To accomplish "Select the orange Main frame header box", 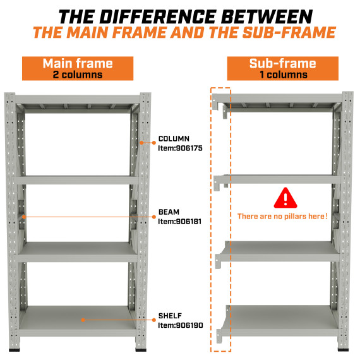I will [77, 68].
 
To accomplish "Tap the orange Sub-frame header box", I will [282, 68].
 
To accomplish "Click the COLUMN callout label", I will [173, 138].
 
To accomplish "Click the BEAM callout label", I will [168, 213].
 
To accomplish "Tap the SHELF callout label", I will [169, 315].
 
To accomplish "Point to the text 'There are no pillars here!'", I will [282, 217].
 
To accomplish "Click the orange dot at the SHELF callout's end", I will [83, 320].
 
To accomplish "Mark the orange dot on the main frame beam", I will [23, 217].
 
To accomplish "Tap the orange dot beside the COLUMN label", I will [145, 143].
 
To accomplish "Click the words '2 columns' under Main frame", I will [77, 75].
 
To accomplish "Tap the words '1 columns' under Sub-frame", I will [282, 75].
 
